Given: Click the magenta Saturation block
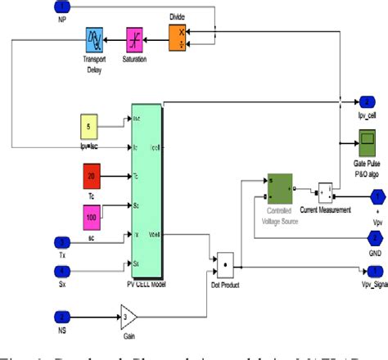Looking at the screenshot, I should click(135, 37).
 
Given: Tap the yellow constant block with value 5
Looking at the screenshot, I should click(90, 127).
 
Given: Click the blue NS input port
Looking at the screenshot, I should click(62, 315).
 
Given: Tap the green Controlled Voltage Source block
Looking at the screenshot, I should click(279, 189).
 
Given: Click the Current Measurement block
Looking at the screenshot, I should click(325, 193).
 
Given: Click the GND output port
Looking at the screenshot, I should click(375, 237).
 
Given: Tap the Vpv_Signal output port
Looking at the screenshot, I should click(375, 271).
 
